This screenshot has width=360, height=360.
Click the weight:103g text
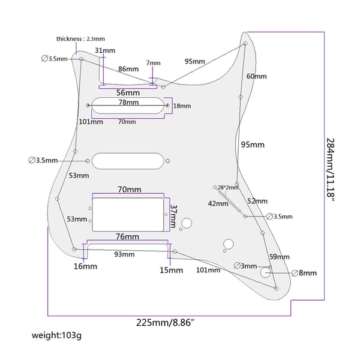pyautogui.click(x=56, y=335)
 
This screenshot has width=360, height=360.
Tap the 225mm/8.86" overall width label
pyautogui.click(x=166, y=323)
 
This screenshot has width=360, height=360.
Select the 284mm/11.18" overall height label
pyautogui.click(x=331, y=169)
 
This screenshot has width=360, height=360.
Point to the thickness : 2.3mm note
pyautogui.click(x=80, y=39)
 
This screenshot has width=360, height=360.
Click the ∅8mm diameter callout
pyautogui.click(x=304, y=273)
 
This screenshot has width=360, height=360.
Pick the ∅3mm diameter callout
pyautogui.click(x=245, y=266)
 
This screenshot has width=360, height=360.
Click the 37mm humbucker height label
pyautogui.click(x=173, y=216)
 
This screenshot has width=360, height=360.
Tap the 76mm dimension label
pyautogui.click(x=127, y=236)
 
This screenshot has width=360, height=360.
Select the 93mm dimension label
pyautogui.click(x=124, y=254)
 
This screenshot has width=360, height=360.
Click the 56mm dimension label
pyautogui.click(x=128, y=93)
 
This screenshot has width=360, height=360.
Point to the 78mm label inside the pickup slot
pyautogui.click(x=128, y=102)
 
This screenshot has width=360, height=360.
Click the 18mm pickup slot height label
pyautogui.click(x=182, y=106)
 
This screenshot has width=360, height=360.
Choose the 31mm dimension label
pyautogui.click(x=105, y=50)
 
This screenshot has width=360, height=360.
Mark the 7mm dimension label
pyautogui.click(x=154, y=63)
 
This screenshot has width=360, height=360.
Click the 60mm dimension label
pyautogui.click(x=256, y=76)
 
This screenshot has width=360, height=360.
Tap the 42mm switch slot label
pyautogui.click(x=218, y=203)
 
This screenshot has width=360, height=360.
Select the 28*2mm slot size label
pyautogui.click(x=228, y=188)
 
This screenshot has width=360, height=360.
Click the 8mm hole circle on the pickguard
pyautogui.click(x=265, y=272)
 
